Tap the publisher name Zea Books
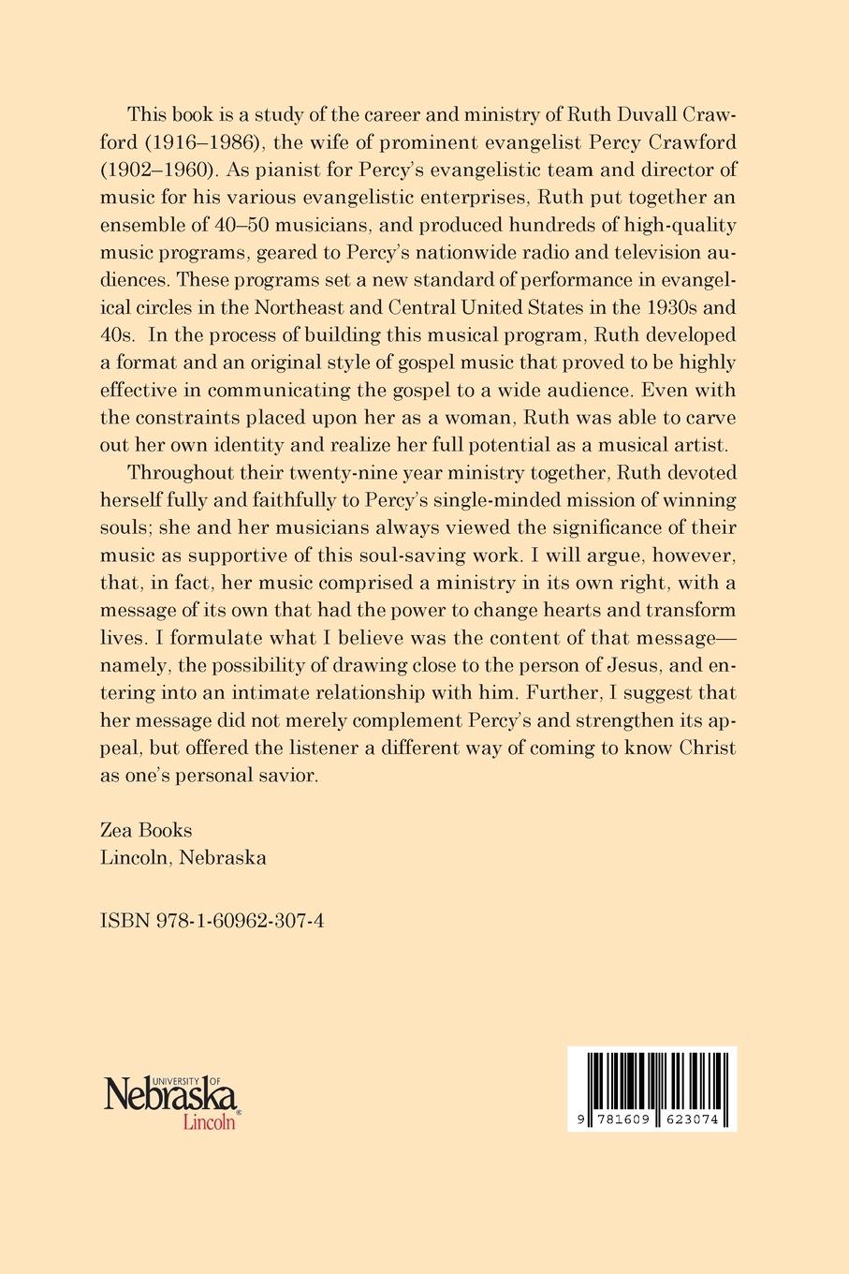[x=145, y=830]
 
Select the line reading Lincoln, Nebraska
[x=183, y=857]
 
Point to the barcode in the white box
[x=651, y=1080]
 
